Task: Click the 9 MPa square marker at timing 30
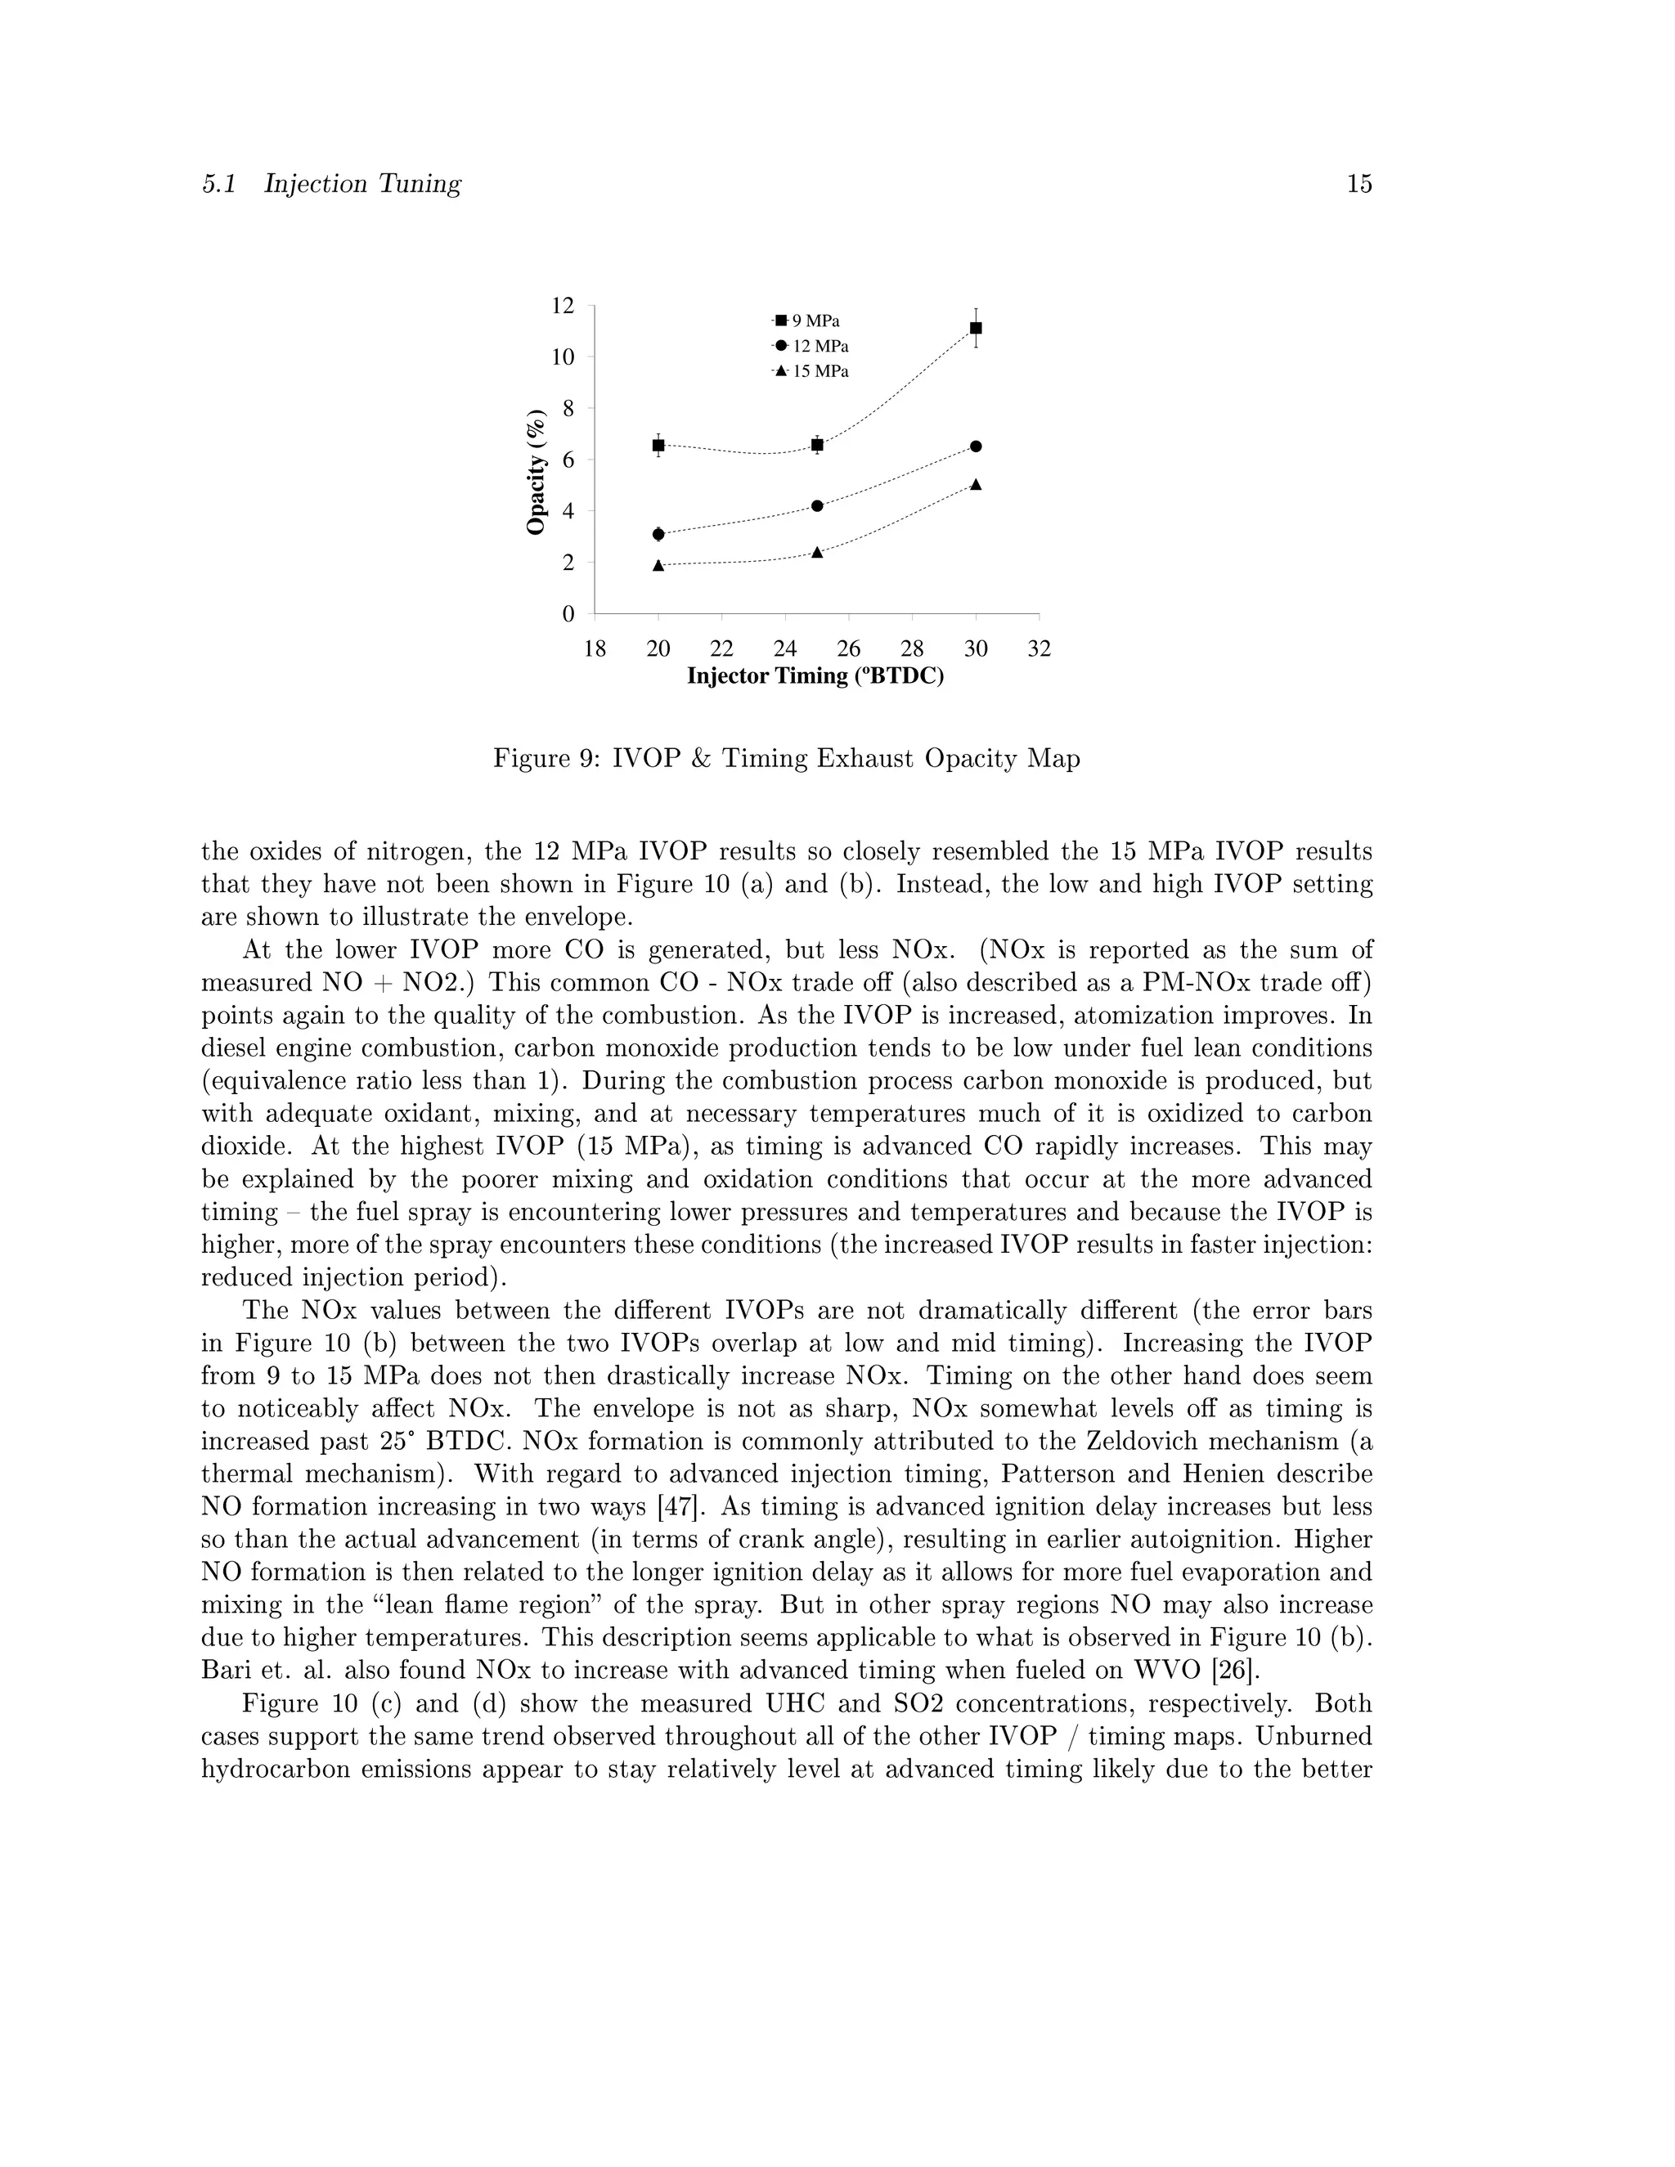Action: (976, 327)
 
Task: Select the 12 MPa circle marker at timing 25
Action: (817, 506)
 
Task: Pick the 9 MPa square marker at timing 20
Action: (658, 446)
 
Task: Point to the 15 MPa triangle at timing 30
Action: (976, 484)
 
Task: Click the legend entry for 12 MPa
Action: (811, 346)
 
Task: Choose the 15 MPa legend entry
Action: (811, 372)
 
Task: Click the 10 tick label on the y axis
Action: (563, 357)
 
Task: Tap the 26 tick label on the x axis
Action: (848, 650)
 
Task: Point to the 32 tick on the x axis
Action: (1039, 650)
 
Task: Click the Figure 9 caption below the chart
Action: (786, 759)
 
